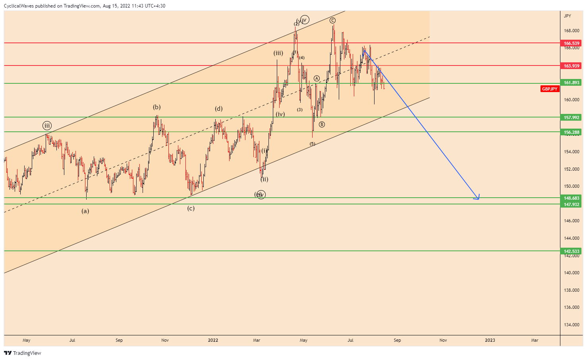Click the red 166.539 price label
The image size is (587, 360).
pos(572,43)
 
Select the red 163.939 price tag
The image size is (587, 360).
pos(572,66)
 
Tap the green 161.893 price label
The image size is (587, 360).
pos(572,83)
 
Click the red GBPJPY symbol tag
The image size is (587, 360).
pos(550,89)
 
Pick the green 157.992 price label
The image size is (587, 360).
pos(572,117)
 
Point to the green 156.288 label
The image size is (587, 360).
pos(572,132)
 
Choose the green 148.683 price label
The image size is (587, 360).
pos(572,198)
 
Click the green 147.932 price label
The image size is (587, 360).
pos(572,204)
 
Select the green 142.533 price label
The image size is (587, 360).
pos(572,251)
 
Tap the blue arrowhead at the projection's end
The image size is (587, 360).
pos(478,197)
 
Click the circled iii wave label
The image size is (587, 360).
pos(47,126)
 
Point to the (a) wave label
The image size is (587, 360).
pos(85,211)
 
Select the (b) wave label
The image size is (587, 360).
pos(157,107)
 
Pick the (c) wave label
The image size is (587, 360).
pos(191,208)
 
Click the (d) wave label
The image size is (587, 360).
pos(219,109)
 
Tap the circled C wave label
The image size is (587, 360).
pos(332,20)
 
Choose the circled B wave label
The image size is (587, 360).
pos(322,124)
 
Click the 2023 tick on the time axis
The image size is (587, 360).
pos(490,340)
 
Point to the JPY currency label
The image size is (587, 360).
pos(568,16)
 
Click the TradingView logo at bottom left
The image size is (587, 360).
pos(23,353)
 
